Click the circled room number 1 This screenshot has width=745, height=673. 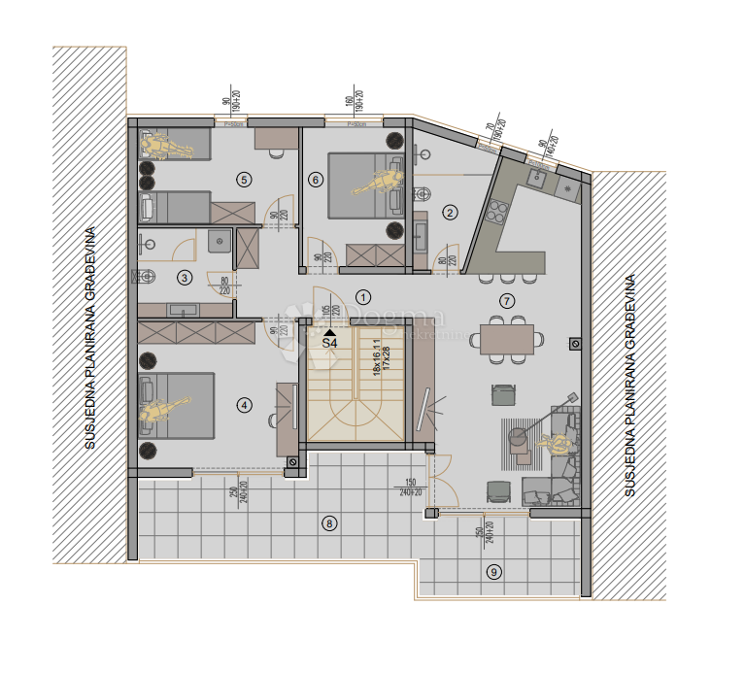coord(363,297)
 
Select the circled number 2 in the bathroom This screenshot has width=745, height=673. coord(450,213)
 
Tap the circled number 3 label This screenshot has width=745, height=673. coord(185,278)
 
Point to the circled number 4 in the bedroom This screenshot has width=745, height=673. coord(245,406)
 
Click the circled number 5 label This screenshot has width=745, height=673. coord(244,179)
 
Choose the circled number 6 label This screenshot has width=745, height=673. coord(315,179)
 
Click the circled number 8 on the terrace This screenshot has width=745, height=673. coord(329,524)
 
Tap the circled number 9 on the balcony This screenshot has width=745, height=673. coord(494,571)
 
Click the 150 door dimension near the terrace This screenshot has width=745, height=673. coord(411,483)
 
